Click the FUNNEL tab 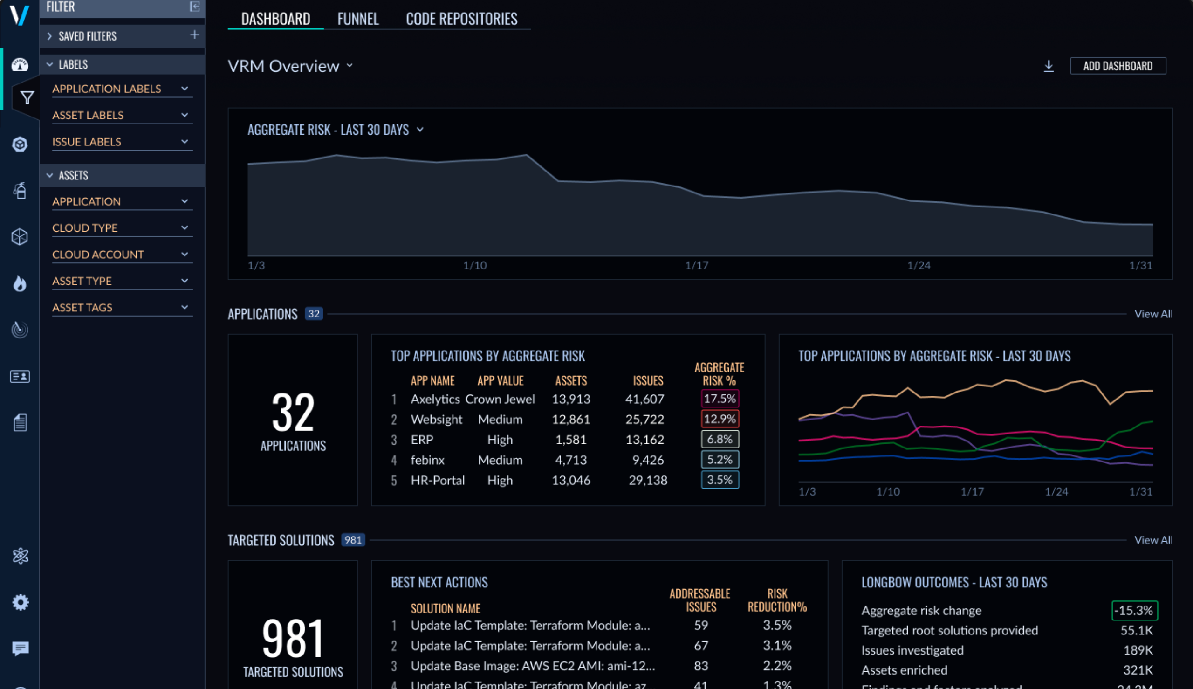click(357, 19)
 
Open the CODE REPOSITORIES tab click(461, 19)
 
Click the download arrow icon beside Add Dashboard click(1048, 66)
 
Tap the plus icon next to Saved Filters click(194, 35)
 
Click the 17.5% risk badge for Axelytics click(720, 399)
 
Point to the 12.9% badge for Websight click(720, 419)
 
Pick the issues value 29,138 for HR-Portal click(648, 480)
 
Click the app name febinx click(428, 460)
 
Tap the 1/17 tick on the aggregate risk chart click(697, 265)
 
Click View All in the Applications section click(1153, 314)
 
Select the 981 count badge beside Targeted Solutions click(353, 540)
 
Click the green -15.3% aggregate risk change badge click(1134, 610)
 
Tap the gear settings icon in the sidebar click(20, 602)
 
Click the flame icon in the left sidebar click(20, 283)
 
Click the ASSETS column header click(570, 380)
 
